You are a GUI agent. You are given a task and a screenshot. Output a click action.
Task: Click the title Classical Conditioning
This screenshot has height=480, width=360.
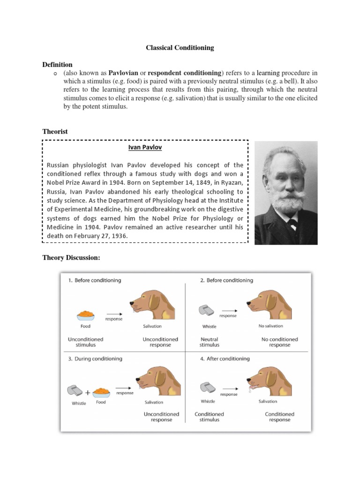point(180,47)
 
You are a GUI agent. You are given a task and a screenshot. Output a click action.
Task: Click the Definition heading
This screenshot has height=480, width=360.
point(57,64)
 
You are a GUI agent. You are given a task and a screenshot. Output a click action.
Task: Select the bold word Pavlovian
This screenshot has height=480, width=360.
point(124,73)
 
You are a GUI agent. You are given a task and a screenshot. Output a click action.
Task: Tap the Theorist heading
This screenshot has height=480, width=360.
point(55,132)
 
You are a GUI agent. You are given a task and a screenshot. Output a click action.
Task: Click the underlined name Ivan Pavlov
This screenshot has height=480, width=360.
point(145,147)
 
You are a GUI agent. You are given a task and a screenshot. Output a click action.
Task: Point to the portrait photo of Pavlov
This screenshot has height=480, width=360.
point(285,193)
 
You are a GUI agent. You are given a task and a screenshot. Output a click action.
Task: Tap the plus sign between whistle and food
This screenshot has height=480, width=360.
point(88,393)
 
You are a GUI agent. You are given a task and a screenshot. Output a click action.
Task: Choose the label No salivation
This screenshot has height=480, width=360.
point(270,326)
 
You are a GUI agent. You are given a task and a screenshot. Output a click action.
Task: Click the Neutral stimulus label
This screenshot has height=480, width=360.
point(209,342)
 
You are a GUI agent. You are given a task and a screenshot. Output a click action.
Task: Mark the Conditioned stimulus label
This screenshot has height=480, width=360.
point(209,417)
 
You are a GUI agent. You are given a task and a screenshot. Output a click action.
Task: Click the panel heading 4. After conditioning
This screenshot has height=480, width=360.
point(225,359)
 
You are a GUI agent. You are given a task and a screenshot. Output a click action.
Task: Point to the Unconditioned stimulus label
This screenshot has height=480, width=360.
point(86,342)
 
